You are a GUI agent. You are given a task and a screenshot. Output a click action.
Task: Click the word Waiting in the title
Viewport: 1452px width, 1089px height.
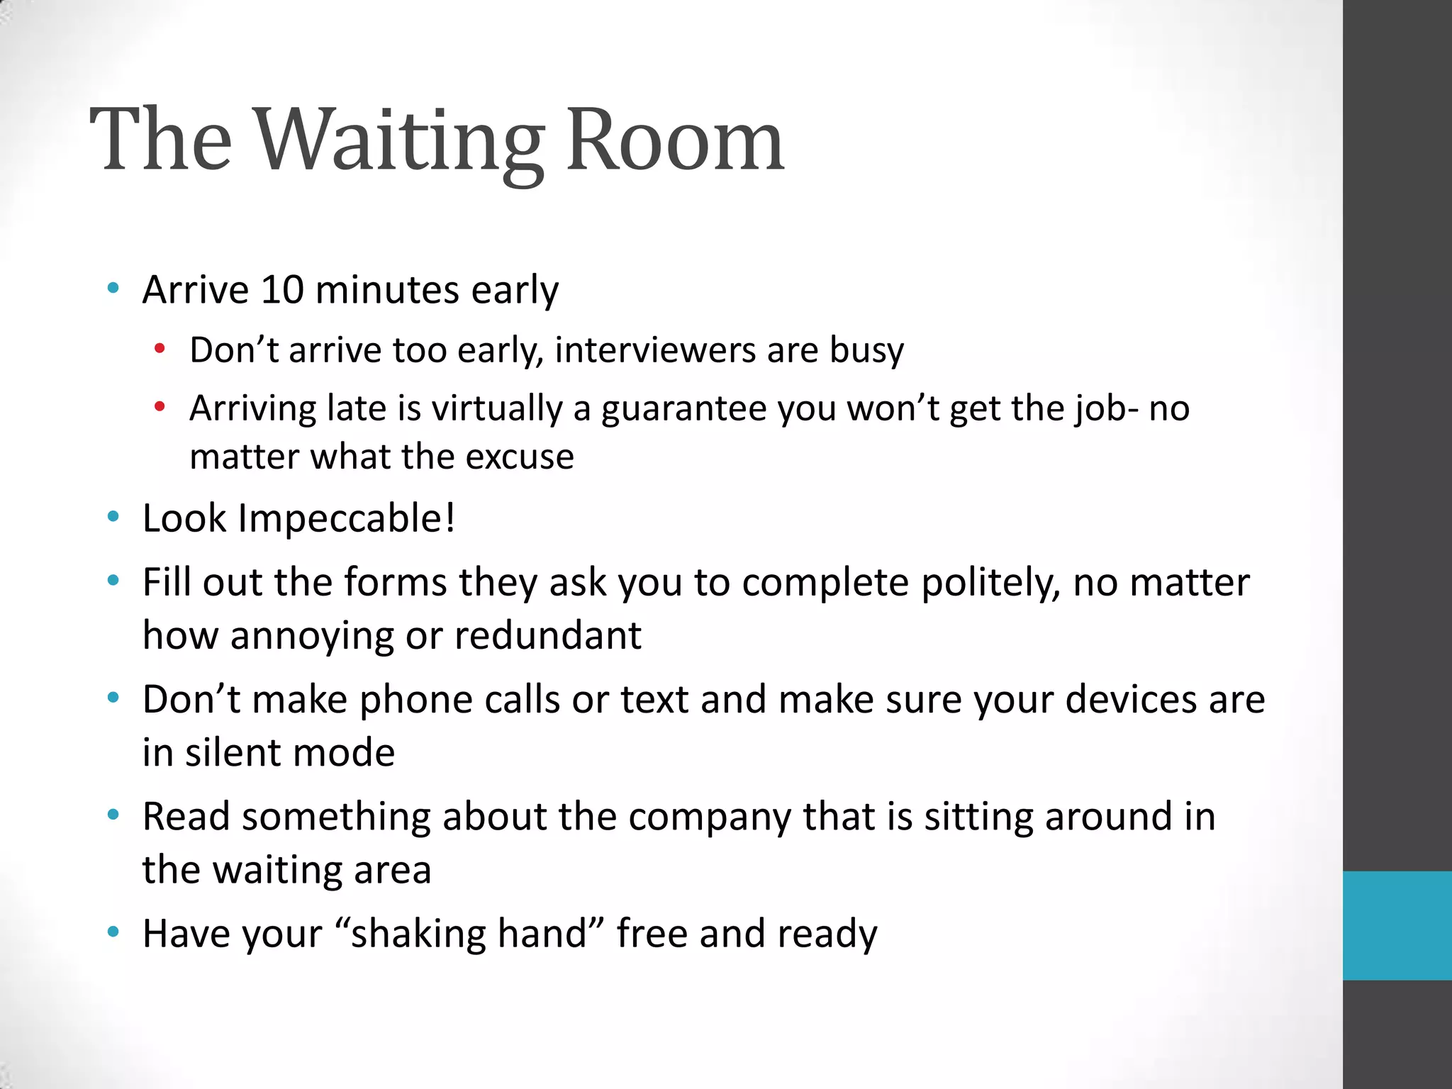click(x=399, y=142)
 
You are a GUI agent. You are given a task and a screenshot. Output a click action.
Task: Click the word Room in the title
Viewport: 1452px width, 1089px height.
click(x=676, y=142)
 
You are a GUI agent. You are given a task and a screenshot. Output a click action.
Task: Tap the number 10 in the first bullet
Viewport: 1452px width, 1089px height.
click(x=282, y=290)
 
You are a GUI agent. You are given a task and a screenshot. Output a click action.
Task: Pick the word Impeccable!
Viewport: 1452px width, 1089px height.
click(x=347, y=518)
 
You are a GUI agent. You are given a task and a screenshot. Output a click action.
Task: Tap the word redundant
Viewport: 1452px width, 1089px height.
click(x=547, y=635)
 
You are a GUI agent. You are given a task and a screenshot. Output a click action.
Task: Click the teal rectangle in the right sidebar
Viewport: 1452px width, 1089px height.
click(x=1397, y=925)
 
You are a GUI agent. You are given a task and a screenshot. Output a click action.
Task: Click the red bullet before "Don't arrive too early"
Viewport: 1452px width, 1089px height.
click(x=160, y=349)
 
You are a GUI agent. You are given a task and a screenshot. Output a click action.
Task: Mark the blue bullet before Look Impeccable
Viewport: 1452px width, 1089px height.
click(x=113, y=517)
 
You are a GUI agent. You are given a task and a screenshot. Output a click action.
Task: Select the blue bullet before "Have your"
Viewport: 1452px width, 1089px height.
click(x=113, y=932)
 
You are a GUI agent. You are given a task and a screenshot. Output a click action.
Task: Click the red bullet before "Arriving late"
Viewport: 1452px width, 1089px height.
click(x=160, y=407)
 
